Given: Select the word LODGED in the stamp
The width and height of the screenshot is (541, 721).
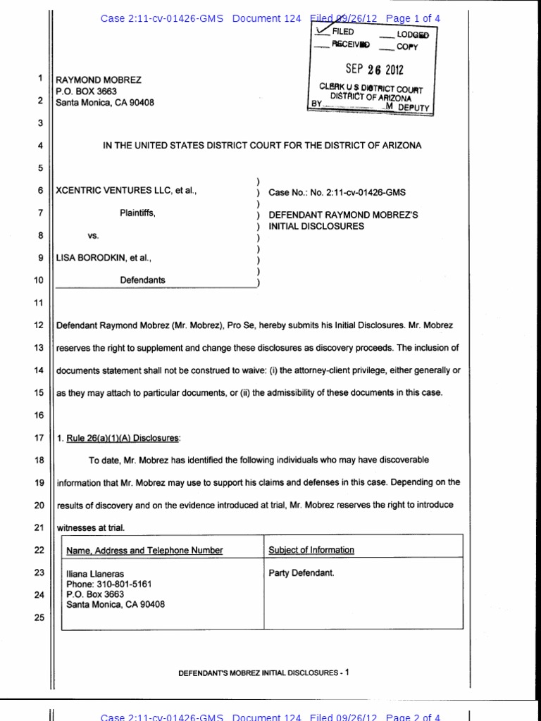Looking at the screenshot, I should click(x=413, y=34).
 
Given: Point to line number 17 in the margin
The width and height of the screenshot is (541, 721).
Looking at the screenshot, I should click(x=39, y=438).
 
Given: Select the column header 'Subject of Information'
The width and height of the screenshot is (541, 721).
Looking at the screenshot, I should click(x=311, y=550).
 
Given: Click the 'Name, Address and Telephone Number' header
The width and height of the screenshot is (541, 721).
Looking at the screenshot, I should click(x=144, y=551).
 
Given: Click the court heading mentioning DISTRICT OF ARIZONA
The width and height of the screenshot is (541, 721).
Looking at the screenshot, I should click(x=262, y=146).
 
